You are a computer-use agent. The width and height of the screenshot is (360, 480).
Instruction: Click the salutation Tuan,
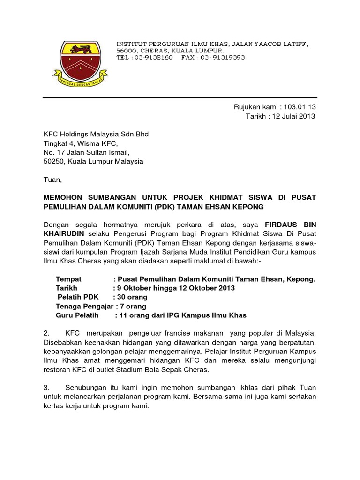point(52,179)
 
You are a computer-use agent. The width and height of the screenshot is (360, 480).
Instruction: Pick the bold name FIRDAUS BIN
point(290,225)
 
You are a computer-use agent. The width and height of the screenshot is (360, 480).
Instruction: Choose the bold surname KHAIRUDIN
point(63,233)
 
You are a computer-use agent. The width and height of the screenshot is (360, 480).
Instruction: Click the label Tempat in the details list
point(68,279)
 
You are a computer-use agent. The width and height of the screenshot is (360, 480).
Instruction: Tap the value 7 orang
point(134,306)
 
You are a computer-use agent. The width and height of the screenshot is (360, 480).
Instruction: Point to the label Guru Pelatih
point(75,315)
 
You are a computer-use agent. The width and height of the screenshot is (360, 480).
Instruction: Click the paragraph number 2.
point(46,333)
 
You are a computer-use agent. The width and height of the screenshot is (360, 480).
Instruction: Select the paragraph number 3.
point(46,387)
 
